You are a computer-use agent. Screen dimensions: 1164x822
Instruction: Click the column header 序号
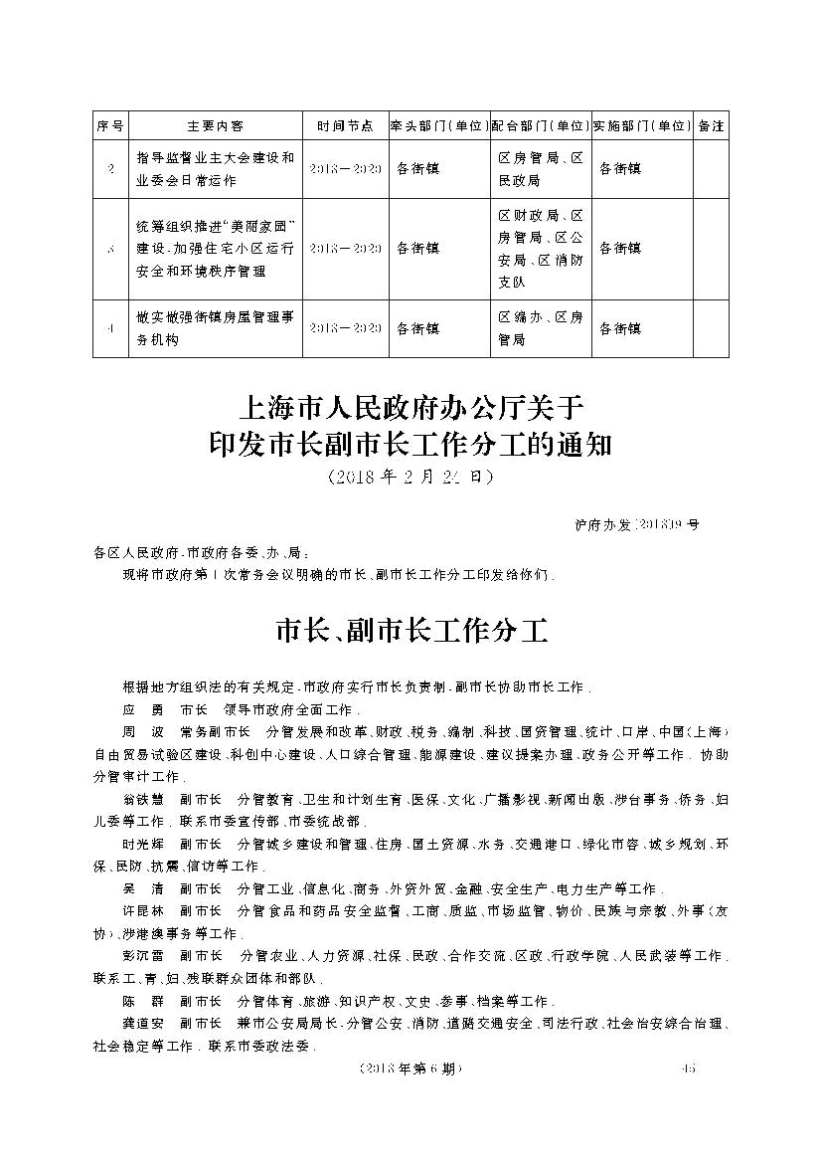(x=110, y=126)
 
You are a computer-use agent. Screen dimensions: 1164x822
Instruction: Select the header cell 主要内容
(x=215, y=126)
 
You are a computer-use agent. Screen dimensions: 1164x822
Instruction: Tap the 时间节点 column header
(x=345, y=126)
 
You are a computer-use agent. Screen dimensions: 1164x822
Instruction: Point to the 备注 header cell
(x=711, y=126)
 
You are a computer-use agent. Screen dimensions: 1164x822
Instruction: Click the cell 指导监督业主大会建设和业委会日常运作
(x=215, y=169)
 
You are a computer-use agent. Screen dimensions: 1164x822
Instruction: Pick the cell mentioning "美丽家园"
(x=215, y=248)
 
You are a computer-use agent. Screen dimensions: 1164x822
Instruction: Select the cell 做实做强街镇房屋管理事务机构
(x=215, y=327)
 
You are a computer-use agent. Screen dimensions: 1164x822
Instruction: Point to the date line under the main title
(x=411, y=478)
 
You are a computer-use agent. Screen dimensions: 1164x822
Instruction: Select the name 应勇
(x=141, y=710)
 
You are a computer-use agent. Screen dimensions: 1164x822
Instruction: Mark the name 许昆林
(x=141, y=910)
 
